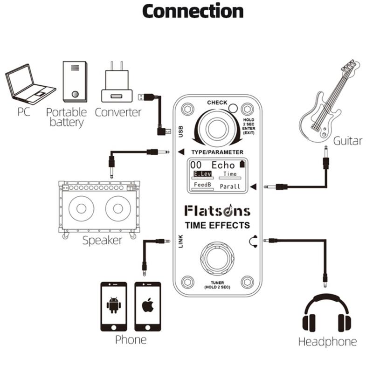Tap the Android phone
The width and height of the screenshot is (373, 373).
[114, 306]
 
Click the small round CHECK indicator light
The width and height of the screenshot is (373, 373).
[233, 109]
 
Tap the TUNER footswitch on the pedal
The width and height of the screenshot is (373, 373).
[217, 258]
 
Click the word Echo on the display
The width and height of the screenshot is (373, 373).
[223, 165]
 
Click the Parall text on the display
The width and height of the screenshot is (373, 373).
[230, 186]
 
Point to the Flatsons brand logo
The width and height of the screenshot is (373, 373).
[217, 210]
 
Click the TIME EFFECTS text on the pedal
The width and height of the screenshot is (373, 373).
[217, 225]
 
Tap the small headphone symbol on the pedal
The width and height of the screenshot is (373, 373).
[254, 241]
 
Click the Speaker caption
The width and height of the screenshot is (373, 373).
[102, 241]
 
